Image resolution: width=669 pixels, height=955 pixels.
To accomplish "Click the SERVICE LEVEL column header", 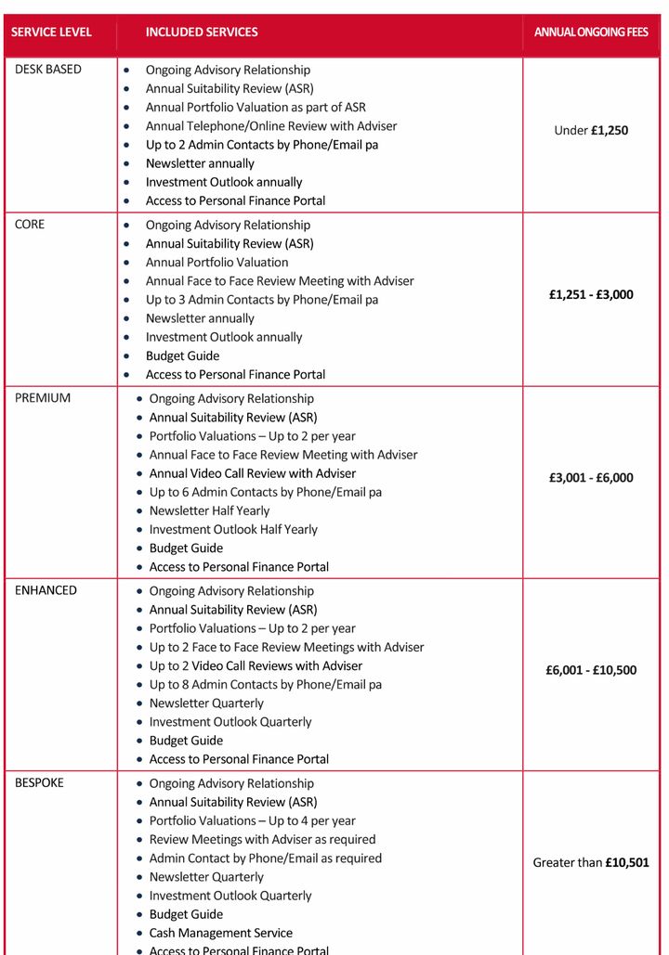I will click(51, 32).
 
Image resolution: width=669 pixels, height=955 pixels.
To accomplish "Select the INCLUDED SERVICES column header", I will click(202, 32).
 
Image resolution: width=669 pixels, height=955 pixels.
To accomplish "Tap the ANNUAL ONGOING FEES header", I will click(591, 32).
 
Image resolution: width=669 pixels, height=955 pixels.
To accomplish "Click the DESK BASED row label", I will click(47, 70).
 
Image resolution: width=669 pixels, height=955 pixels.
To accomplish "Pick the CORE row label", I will click(30, 225).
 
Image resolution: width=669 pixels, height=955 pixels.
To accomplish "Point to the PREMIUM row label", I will click(43, 398).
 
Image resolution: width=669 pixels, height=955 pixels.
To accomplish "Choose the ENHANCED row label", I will click(46, 590).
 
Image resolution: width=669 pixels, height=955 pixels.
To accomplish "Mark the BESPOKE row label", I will click(40, 782).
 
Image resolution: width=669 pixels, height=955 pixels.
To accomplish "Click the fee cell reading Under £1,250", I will click(591, 131).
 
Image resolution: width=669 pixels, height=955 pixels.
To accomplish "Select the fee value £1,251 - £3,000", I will click(591, 295).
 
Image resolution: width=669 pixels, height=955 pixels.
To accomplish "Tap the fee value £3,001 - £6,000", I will click(591, 478).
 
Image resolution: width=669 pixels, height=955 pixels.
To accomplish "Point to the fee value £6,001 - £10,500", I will click(591, 670).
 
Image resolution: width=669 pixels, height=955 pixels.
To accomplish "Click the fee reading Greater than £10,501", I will click(591, 862).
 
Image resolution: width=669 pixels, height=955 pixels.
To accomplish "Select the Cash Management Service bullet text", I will click(221, 933).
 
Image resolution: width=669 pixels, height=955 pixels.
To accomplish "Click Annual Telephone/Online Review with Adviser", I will click(271, 126).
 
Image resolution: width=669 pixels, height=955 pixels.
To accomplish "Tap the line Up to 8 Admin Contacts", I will click(266, 684).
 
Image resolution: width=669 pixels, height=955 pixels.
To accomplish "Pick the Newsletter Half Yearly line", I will click(209, 510).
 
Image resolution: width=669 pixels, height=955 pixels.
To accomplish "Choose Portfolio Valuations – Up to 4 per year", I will click(253, 820).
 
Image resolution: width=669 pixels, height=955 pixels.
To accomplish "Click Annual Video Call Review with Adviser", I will click(253, 473).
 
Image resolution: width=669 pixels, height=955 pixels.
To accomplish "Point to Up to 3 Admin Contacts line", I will click(262, 300).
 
